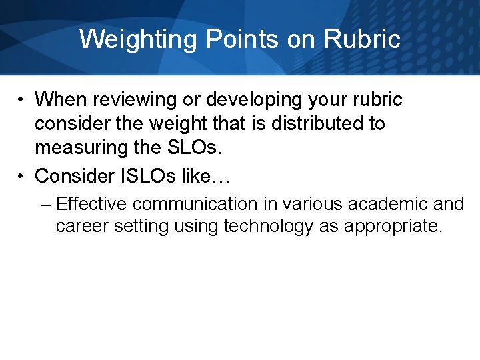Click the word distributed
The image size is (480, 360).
[x=311, y=124]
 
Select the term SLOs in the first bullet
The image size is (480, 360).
[x=198, y=148]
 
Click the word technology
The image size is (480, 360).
[x=268, y=226]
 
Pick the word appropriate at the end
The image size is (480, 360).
[x=393, y=226]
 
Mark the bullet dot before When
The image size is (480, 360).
[x=22, y=101]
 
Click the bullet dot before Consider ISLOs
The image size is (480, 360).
[x=22, y=176]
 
